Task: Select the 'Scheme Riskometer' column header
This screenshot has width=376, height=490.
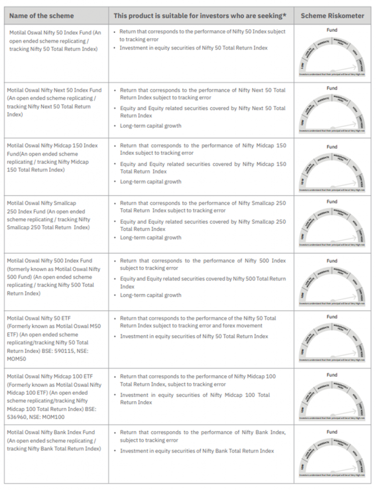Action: pos(332,16)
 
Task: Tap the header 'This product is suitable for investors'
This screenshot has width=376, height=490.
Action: pos(200,16)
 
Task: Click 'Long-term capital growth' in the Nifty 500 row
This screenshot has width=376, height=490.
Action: pos(150,295)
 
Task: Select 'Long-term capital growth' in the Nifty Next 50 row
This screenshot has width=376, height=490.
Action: pos(150,125)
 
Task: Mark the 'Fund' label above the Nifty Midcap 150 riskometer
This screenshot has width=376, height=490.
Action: pos(332,147)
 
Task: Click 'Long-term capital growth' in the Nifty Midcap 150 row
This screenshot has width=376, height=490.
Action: pos(150,182)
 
